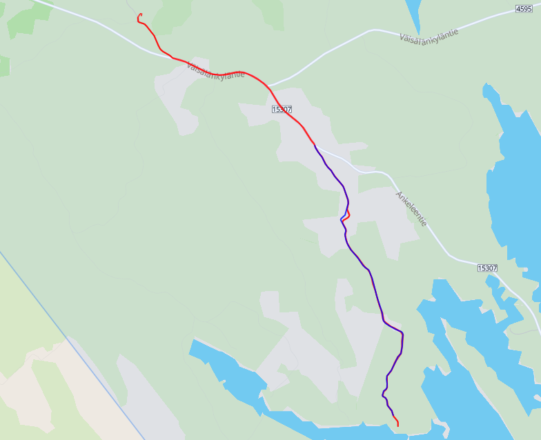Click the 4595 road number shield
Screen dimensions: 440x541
[524, 9]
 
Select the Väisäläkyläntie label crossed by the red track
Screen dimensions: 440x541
[215, 70]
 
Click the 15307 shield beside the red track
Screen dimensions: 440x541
[282, 109]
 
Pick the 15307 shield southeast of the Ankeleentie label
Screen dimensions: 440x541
[486, 268]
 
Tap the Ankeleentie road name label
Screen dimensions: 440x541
[411, 209]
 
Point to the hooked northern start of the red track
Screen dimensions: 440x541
[140, 14]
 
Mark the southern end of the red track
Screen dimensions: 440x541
[398, 426]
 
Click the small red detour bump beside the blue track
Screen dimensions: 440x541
[348, 214]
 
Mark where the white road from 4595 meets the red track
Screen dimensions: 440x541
[268, 86]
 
